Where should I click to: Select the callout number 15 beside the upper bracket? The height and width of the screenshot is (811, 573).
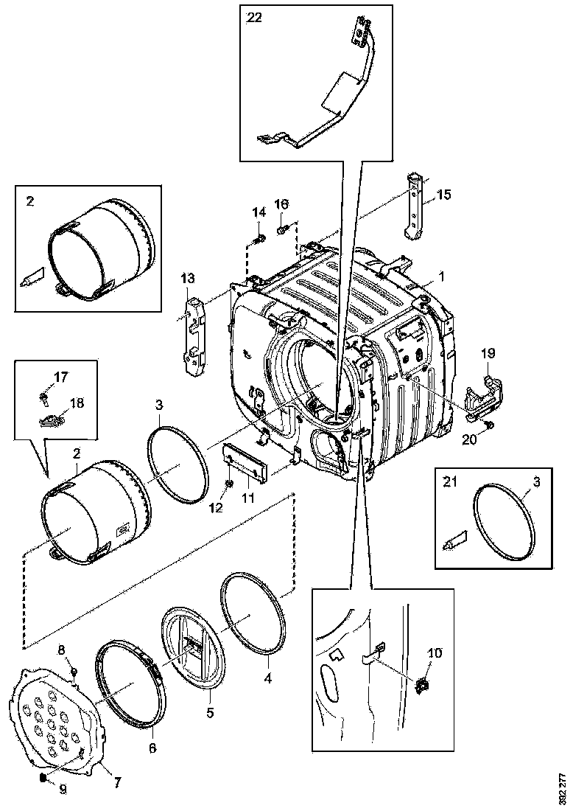pyautogui.click(x=443, y=195)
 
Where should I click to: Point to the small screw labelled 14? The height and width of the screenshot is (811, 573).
pyautogui.click(x=260, y=238)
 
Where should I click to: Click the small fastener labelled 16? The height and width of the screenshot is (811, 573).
pyautogui.click(x=283, y=231)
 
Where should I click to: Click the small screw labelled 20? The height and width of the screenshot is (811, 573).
pyautogui.click(x=490, y=426)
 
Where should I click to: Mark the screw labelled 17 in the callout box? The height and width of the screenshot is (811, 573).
pyautogui.click(x=43, y=399)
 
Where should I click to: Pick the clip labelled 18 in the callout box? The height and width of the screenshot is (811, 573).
pyautogui.click(x=49, y=420)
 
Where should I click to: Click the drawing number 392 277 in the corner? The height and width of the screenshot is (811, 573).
pyautogui.click(x=562, y=787)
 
